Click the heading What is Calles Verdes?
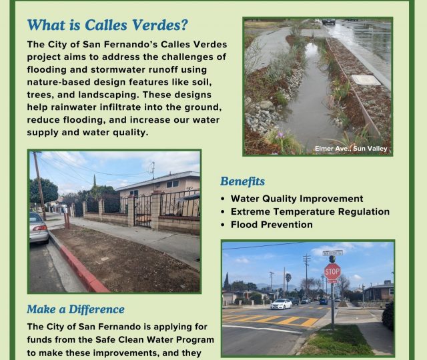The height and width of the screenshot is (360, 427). [107, 25]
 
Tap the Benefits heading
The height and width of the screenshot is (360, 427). [242, 181]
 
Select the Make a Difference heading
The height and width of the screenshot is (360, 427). [75, 309]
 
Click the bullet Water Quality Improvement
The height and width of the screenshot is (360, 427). [297, 199]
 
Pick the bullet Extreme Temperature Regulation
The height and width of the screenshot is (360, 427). [310, 212]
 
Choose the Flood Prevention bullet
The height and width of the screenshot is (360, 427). [272, 225]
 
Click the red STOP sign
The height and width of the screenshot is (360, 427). [332, 271]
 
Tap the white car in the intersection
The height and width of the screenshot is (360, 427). [282, 304]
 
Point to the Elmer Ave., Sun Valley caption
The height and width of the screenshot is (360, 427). [351, 149]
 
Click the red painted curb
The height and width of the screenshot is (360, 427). [81, 269]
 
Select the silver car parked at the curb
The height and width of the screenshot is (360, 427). [39, 227]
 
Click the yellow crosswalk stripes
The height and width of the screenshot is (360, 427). [272, 319]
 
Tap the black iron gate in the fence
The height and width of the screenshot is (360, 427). [142, 211]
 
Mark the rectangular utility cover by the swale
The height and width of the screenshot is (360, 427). [366, 80]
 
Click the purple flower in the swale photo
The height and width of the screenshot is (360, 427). [280, 135]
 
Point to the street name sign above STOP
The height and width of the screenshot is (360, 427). [332, 253]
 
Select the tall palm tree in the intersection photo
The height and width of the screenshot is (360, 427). [288, 285]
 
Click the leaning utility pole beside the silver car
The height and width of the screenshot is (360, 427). [40, 186]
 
